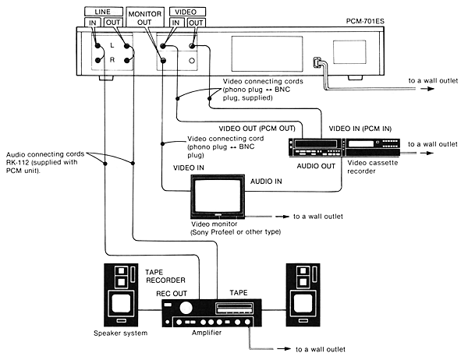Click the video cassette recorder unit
tap(342, 146)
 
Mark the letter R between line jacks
tap(114, 60)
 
